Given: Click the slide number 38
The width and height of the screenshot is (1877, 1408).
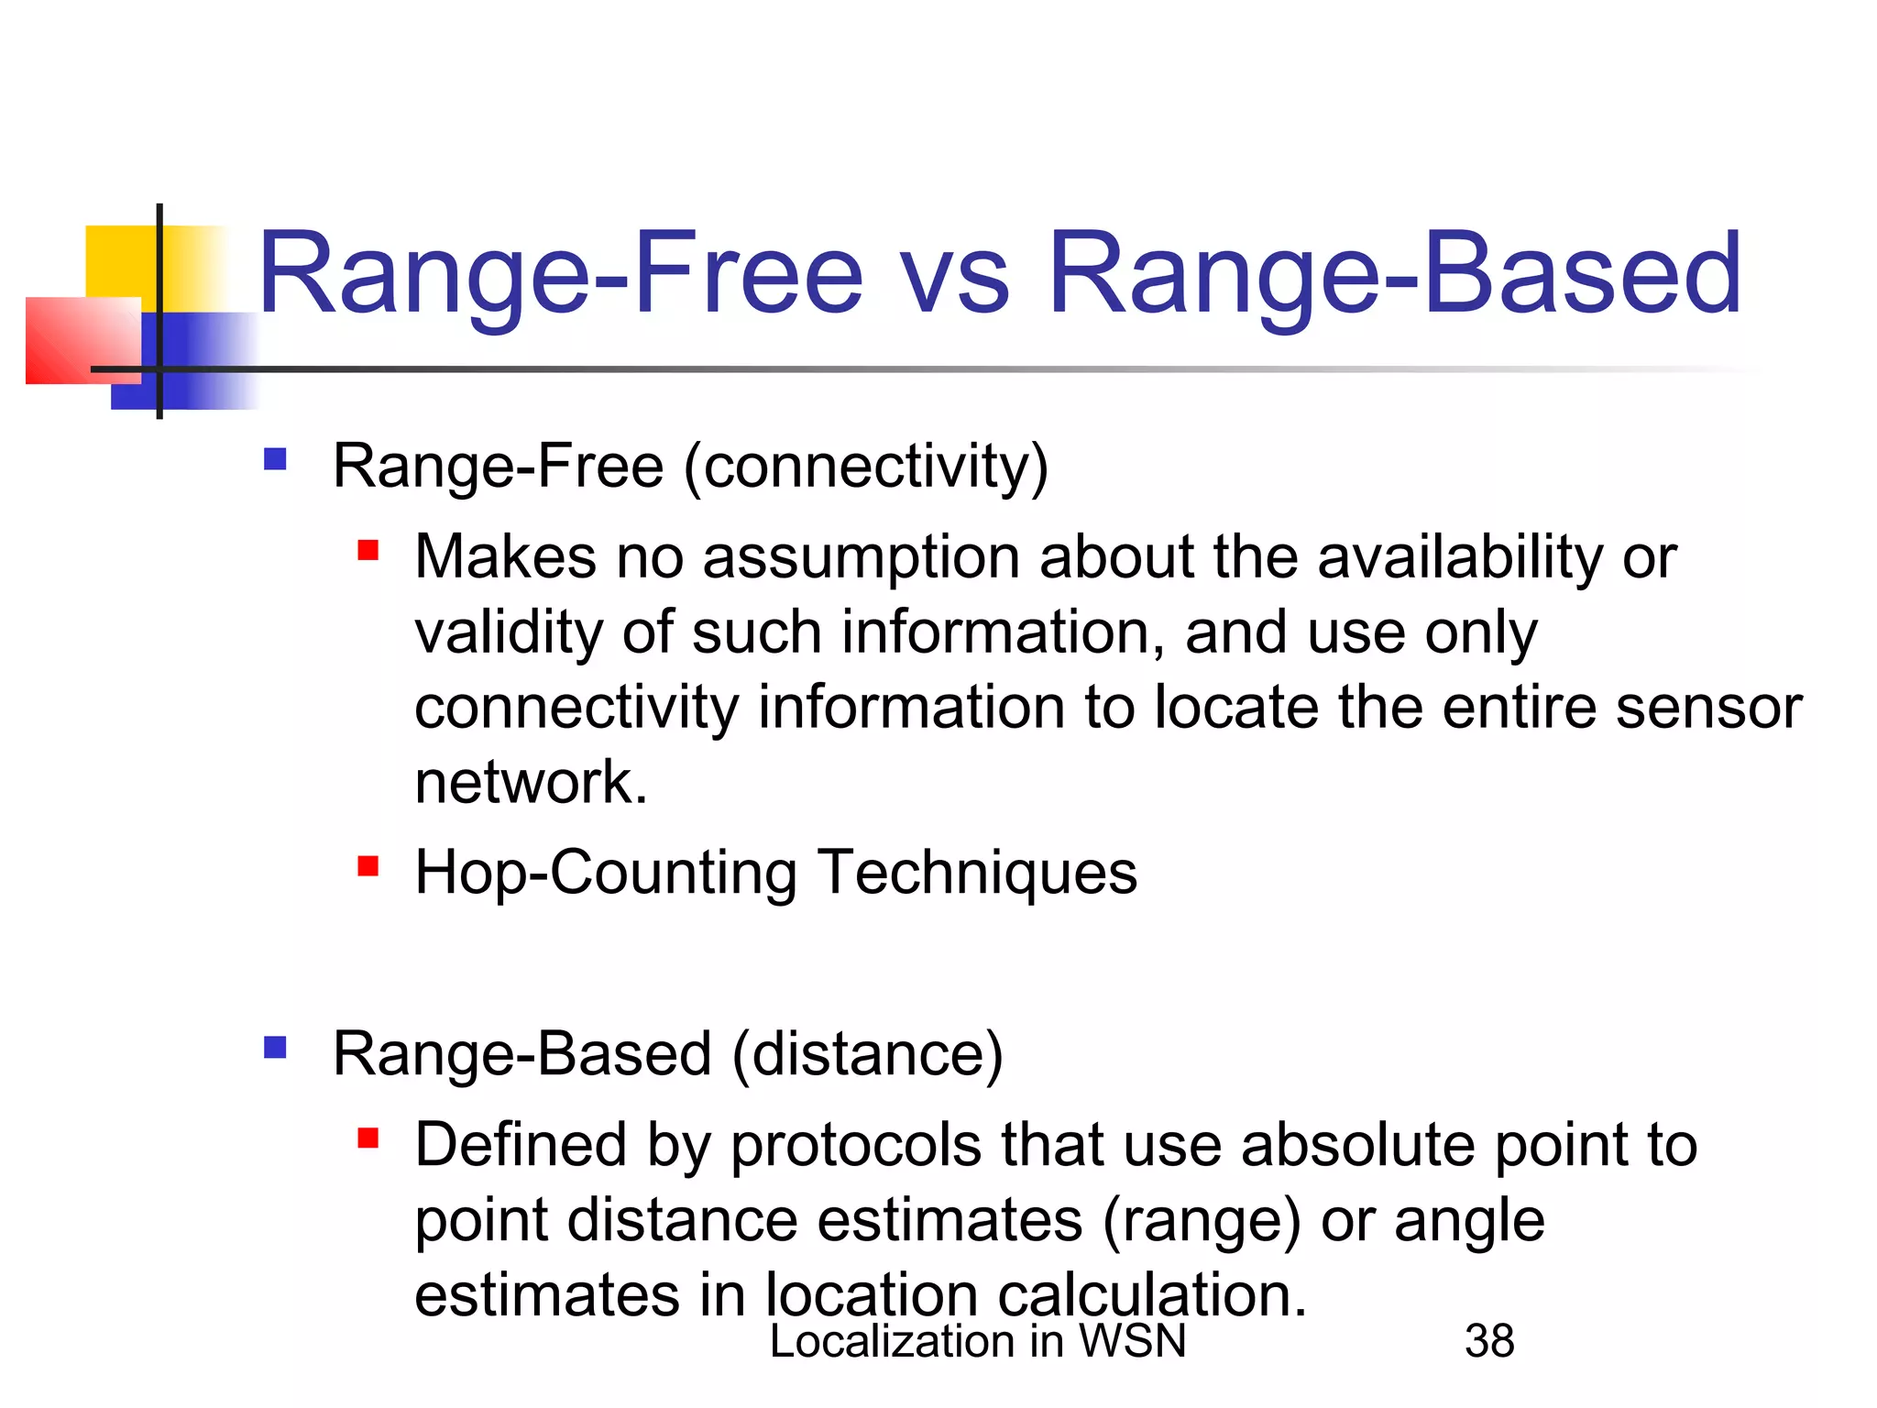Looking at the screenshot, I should tap(1489, 1341).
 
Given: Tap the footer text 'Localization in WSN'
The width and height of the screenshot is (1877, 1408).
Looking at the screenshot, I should tap(977, 1341).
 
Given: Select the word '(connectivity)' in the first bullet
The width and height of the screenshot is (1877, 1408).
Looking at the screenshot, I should tap(866, 467).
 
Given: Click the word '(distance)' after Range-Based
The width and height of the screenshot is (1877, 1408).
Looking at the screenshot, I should tap(867, 1054).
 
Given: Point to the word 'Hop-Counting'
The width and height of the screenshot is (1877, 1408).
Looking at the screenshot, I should tap(606, 872).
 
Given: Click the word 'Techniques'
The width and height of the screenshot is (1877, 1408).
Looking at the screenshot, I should tap(977, 872).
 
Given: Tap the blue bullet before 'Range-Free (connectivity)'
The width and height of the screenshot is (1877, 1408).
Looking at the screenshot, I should tap(275, 458).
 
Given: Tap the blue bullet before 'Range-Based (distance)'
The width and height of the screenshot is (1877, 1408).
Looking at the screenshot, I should tap(275, 1047).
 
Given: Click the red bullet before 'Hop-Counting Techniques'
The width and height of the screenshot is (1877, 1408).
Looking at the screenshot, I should tap(368, 865).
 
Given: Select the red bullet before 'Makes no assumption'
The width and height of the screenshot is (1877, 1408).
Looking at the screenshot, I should tap(368, 550).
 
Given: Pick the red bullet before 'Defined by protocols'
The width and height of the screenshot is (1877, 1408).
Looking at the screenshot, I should tap(368, 1138).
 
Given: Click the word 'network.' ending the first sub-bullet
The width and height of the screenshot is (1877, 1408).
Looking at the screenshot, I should tap(531, 783).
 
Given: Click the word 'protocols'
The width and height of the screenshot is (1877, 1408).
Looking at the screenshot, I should tap(855, 1146).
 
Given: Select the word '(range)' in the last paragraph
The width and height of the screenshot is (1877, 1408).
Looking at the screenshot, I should tap(1201, 1222).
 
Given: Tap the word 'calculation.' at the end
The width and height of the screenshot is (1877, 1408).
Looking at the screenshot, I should tap(1151, 1296).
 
